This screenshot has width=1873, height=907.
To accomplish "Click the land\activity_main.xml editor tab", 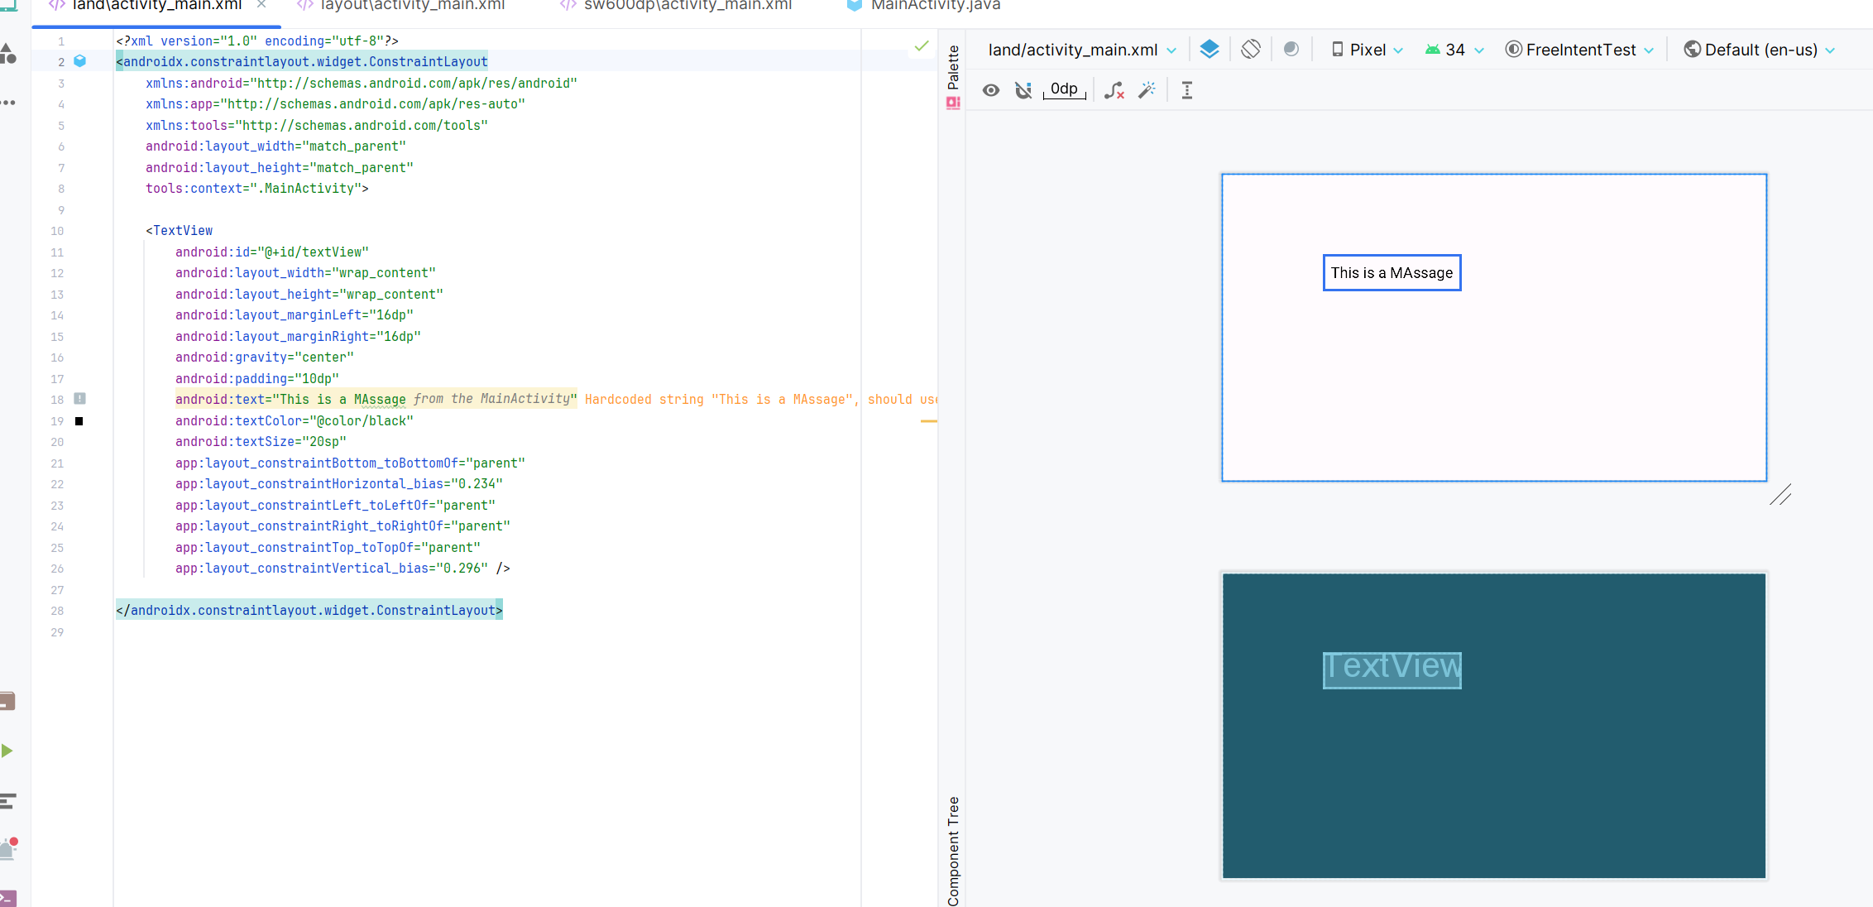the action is coord(156,6).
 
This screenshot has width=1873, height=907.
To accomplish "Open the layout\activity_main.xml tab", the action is coord(412,6).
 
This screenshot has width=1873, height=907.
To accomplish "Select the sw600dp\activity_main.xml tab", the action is coord(687,6).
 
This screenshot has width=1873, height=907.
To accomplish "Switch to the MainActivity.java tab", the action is coord(935,6).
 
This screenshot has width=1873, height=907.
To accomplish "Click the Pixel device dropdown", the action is coord(1367,50).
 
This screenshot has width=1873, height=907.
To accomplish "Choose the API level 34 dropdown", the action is coord(1454,50).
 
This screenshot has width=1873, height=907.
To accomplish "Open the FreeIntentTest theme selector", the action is coord(1579,50).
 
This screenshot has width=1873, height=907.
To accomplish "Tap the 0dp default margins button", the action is coord(1064,89).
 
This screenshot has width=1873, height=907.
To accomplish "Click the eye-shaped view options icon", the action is coord(991,90).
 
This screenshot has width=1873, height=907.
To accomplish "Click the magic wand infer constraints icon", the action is coord(1147,90).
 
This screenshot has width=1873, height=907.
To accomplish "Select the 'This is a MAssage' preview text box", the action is coord(1392,273).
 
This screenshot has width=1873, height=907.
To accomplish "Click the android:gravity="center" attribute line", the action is coord(264,358).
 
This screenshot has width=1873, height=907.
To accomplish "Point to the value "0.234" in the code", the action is coord(480,484).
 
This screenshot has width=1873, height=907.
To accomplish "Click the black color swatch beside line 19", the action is coord(79,421).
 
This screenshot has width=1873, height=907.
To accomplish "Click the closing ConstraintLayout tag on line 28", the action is coord(309,611).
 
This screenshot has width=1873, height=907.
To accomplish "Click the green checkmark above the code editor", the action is coord(922,46).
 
